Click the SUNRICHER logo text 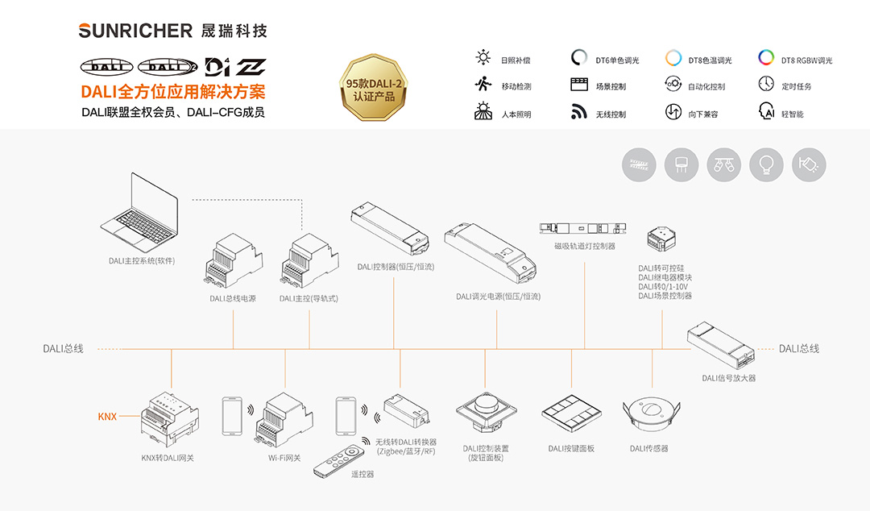[x=135, y=31]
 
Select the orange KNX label [x=107, y=417]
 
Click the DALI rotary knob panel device [x=485, y=413]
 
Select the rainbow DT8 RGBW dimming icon [x=766, y=58]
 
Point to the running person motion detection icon [x=483, y=85]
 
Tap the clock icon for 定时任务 [x=766, y=84]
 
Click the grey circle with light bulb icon [x=766, y=164]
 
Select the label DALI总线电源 [x=233, y=298]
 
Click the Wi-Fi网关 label [x=284, y=458]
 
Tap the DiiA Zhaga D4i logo [x=235, y=67]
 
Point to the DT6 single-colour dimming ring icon [x=579, y=58]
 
